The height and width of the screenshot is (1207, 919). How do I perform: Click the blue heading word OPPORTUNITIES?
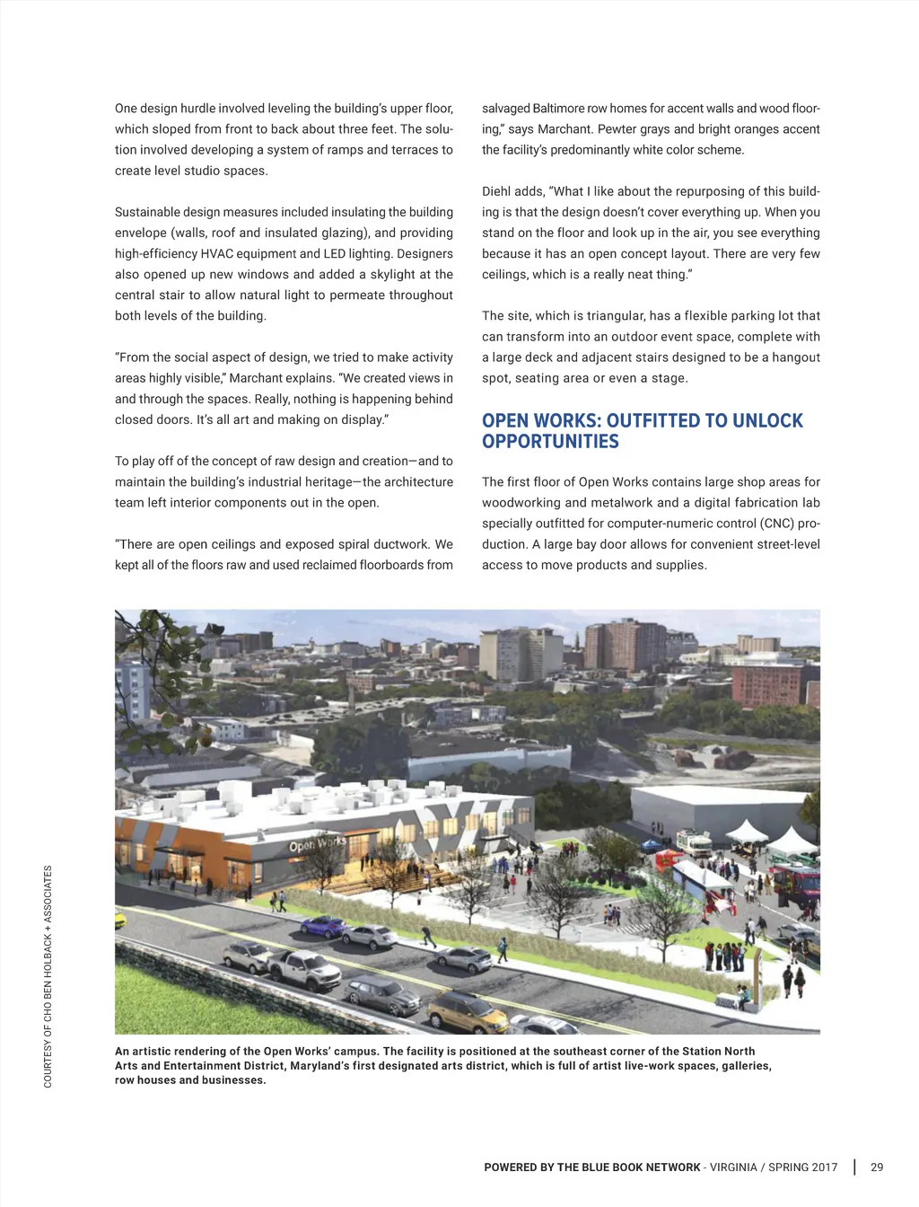click(550, 442)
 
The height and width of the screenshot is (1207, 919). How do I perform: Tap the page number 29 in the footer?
click(877, 1167)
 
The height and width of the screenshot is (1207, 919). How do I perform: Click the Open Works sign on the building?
click(317, 844)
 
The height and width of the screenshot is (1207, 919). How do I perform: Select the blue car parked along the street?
click(324, 927)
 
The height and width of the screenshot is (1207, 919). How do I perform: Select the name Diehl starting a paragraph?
click(497, 191)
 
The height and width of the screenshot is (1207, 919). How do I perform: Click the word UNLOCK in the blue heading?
click(767, 421)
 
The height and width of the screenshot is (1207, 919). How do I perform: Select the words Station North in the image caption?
click(719, 1052)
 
